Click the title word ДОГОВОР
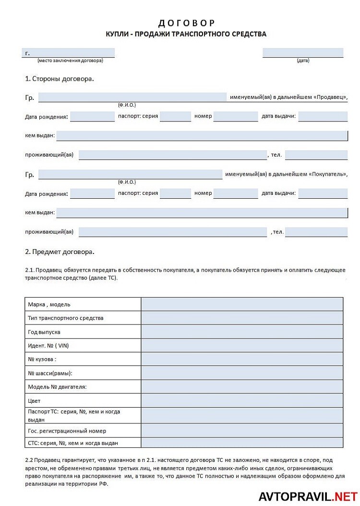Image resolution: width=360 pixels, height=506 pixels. [x=186, y=23]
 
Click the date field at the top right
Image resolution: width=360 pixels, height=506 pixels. [x=303, y=53]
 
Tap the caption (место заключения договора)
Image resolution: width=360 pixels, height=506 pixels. [x=70, y=60]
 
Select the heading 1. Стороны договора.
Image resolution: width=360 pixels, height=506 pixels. [x=60, y=78]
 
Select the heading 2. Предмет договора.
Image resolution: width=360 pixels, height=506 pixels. [x=60, y=251]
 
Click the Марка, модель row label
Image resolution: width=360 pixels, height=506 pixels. [x=49, y=304]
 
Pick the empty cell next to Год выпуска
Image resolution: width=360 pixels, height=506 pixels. [x=242, y=332]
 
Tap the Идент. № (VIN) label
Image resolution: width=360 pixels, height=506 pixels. [x=45, y=346]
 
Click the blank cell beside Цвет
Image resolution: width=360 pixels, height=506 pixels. [x=242, y=401]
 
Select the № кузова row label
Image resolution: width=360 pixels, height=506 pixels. [x=42, y=359]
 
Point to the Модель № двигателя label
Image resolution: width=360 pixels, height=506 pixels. [x=57, y=387]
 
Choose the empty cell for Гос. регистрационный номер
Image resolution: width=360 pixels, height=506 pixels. [x=242, y=431]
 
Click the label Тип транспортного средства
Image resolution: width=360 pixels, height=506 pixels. [x=66, y=318]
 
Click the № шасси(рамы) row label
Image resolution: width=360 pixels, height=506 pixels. [x=50, y=373]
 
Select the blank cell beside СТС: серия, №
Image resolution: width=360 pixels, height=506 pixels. [x=242, y=443]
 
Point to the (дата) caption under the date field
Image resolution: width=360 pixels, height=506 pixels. [x=303, y=60]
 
